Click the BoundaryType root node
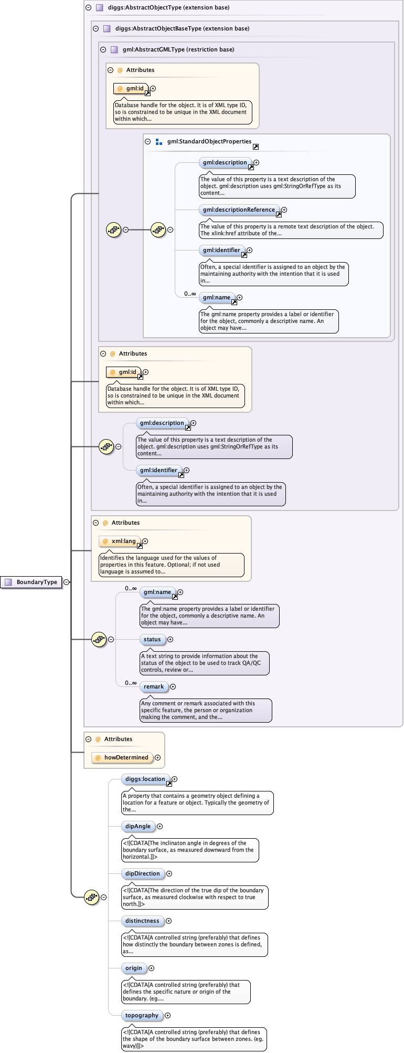[32, 582]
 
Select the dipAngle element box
[138, 826]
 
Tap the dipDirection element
[142, 873]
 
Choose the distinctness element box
[142, 921]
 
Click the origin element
[134, 968]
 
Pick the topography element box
[142, 1015]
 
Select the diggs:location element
[145, 779]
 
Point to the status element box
[152, 639]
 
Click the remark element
[154, 686]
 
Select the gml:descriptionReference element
[239, 210]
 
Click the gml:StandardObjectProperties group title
[209, 141]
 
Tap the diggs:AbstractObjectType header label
[168, 7]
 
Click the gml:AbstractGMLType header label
[178, 49]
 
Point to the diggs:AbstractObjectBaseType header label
[182, 28]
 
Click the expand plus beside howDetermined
[157, 757]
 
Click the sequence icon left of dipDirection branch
[91, 897]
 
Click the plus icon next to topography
[167, 1015]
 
